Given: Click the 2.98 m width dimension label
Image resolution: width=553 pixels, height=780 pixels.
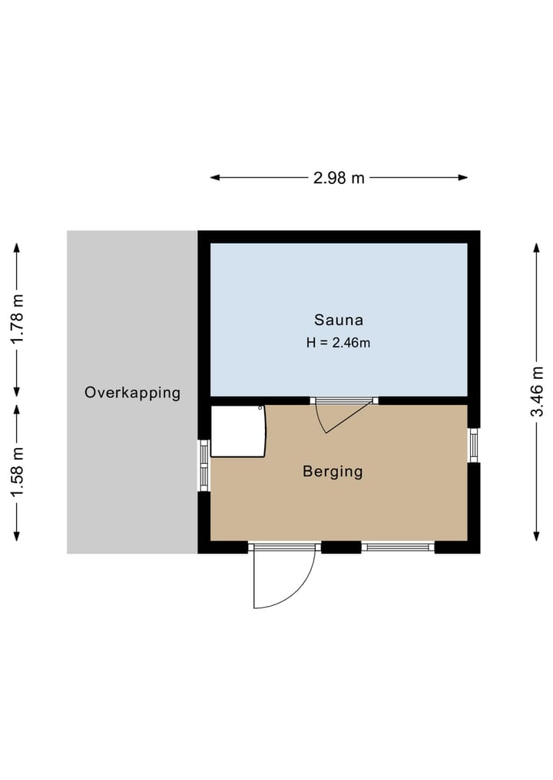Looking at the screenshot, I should click(x=339, y=178).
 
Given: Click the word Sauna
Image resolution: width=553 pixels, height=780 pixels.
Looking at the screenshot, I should click(x=339, y=320).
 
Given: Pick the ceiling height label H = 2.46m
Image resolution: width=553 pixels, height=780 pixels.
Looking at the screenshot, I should click(x=339, y=343).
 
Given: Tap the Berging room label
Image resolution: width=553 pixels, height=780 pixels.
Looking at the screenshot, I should click(x=333, y=472).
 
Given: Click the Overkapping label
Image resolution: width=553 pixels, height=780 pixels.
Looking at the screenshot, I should click(x=132, y=393).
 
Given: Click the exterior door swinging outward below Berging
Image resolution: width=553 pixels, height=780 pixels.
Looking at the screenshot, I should click(x=283, y=575).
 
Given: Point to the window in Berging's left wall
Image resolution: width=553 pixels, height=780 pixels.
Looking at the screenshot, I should click(x=204, y=465).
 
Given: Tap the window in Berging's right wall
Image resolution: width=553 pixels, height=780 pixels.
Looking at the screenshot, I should click(x=474, y=445).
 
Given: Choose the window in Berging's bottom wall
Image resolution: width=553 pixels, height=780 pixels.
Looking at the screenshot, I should click(x=398, y=547).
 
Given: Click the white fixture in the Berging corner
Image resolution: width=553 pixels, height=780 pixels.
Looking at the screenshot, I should click(x=237, y=431).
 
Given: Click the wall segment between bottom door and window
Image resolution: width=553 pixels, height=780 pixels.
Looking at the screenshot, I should click(x=341, y=547).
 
